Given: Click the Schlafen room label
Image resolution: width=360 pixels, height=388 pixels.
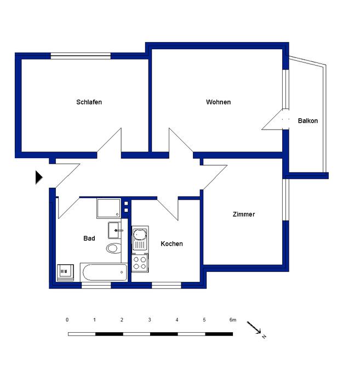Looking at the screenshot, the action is pos(89,102).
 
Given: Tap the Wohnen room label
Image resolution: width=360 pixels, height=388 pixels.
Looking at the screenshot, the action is pos(218,102).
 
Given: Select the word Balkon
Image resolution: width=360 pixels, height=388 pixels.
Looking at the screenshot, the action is pos(308,121).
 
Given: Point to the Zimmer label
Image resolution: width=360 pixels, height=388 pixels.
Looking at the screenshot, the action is pos(244,215).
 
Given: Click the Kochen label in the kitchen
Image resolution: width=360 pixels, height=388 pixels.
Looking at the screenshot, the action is pos(172,244).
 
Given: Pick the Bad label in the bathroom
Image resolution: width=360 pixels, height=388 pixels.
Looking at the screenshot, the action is pos(89,238).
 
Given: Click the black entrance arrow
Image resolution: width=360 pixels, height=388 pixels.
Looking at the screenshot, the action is pos(39,177).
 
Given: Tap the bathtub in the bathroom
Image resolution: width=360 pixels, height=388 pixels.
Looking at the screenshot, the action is pos(104,272).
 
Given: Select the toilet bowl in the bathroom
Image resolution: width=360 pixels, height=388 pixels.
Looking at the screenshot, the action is pos(114,248).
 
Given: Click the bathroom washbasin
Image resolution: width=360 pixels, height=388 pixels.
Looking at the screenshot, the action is pos(115,230).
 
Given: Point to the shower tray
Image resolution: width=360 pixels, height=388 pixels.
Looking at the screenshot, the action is pos(109,209).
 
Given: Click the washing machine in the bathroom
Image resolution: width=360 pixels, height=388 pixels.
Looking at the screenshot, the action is pos(65,273).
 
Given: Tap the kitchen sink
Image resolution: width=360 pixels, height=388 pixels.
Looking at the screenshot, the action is pos(140,239).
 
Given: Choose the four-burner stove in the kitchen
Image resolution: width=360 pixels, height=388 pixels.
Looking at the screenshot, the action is pos(140,263).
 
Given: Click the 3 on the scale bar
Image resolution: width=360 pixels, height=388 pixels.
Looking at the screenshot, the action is pos(150,320).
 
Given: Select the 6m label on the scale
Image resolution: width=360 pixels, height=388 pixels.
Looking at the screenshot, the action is pos(233,320).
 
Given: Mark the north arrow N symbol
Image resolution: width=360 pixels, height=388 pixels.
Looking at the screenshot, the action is pos(264,337).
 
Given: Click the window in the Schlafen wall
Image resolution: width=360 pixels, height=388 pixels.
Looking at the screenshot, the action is pos(81,56).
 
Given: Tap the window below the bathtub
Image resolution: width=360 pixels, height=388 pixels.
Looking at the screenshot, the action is pos(96,285).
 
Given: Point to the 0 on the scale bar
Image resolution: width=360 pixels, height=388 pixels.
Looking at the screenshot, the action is pos(67,320).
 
